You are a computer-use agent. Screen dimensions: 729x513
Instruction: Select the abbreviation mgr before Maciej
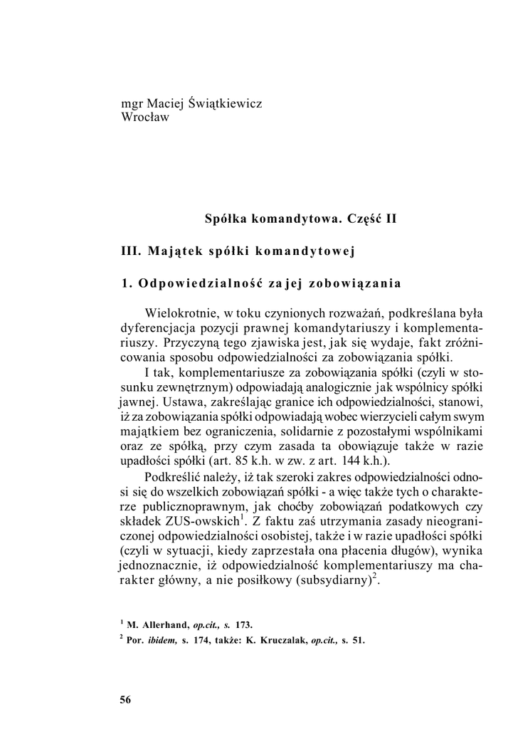click(x=132, y=105)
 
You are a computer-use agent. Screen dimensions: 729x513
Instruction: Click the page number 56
click(x=126, y=700)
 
